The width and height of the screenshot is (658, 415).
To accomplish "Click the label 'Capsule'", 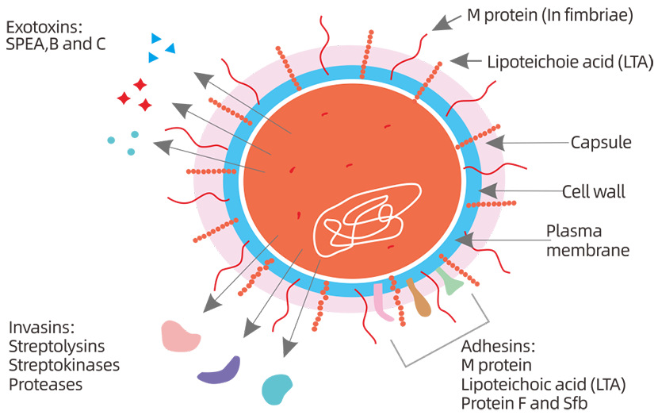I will coord(600,143).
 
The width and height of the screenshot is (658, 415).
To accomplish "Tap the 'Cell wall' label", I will coord(593,191).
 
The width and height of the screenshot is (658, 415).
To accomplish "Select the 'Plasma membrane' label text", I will coord(587,240).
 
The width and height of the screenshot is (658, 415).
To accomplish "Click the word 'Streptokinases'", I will coord(64,365).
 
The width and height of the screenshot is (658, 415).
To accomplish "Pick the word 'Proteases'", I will coord(45,384).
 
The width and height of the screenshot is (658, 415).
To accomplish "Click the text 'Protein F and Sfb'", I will coord(524,403).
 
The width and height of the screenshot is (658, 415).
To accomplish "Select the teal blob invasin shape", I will coord(277,387).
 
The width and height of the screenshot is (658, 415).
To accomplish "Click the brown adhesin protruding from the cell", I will coord(419,299).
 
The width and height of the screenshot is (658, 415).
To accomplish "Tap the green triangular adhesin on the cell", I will coord(449,282).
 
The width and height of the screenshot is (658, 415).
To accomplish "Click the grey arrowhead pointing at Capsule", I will coord(494,143).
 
